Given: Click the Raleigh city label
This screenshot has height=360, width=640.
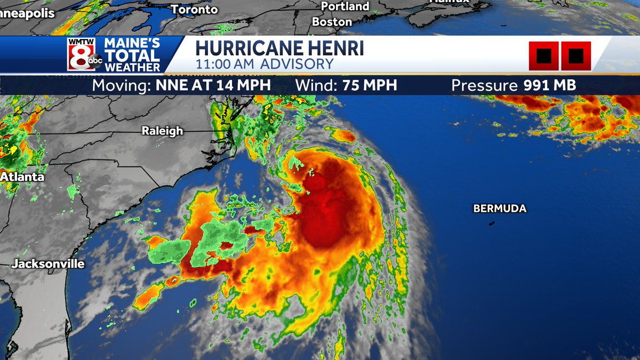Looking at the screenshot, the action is click(x=162, y=131).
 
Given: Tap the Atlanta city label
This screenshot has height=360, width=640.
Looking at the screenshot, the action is click(x=22, y=177).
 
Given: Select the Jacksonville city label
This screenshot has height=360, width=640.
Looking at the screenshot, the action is click(x=49, y=263).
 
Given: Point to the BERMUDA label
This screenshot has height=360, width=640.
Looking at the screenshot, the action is click(x=500, y=209).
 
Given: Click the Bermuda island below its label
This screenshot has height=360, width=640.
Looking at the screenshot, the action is click(x=491, y=222).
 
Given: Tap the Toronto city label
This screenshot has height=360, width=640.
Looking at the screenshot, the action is click(x=195, y=10).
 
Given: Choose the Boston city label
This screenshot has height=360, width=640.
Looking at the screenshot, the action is click(x=332, y=22).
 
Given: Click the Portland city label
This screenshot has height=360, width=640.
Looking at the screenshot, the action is click(x=345, y=6).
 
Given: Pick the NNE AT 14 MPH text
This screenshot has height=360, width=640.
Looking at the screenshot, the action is click(x=213, y=85).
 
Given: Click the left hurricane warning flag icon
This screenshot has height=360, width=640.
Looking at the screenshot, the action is click(x=544, y=55).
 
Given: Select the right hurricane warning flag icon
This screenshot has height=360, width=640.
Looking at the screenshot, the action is click(x=575, y=55).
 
